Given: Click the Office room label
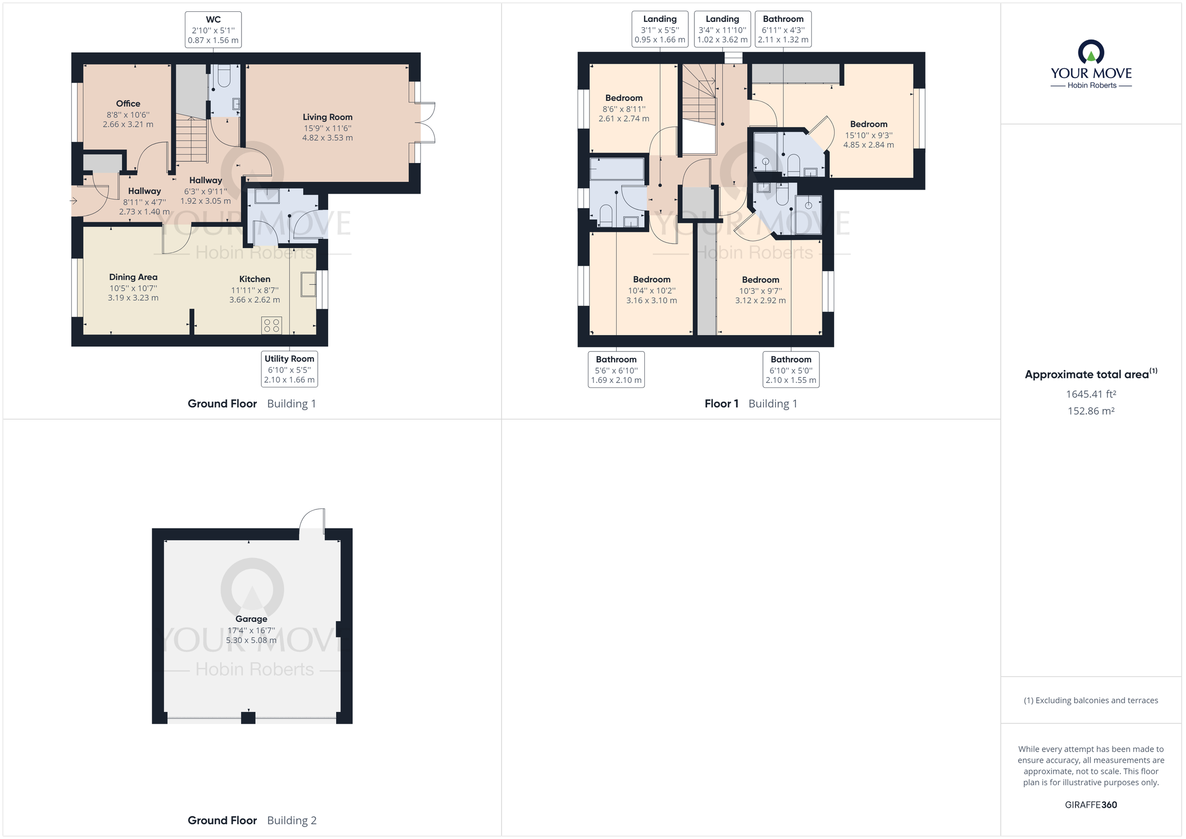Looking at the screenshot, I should tap(127, 104).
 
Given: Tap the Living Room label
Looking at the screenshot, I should tap(328, 117).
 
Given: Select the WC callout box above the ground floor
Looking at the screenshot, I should tap(213, 30).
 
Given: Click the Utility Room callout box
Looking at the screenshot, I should tap(289, 369).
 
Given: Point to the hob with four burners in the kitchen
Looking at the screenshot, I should tap(272, 326).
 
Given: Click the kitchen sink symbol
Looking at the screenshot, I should tap(308, 284).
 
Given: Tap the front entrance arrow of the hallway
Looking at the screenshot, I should tap(73, 201).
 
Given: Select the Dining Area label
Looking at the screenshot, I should tap(133, 277).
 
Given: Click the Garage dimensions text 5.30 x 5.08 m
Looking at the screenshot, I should tap(251, 640).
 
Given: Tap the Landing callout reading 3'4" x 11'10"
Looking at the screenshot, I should tap(722, 30).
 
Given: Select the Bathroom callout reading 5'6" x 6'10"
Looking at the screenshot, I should tap(616, 370).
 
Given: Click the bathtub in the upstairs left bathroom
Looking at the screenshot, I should tap(617, 169).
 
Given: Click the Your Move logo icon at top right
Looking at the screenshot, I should tap(1091, 53).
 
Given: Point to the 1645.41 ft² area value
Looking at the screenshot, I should tap(1091, 394).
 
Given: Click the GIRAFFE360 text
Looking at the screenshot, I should tap(1091, 805).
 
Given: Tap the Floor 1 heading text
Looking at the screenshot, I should tap(721, 404).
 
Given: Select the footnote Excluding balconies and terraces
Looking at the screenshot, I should tap(1091, 701).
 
